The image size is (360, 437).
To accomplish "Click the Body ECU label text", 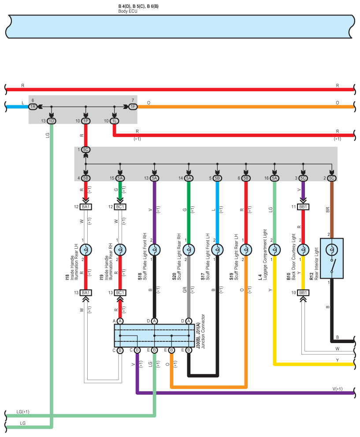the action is pyautogui.click(x=128, y=11).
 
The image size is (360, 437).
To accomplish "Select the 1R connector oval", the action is pyautogui.click(x=33, y=107).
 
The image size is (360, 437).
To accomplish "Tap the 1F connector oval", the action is pyautogui.click(x=133, y=107).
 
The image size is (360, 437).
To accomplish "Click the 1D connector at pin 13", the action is pyautogui.click(x=51, y=121).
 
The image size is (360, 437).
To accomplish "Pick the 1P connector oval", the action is pyautogui.click(x=86, y=121).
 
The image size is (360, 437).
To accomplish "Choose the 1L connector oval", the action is pyautogui.click(x=114, y=121).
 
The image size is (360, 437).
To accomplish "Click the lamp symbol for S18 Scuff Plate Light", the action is pyautogui.click(x=155, y=250).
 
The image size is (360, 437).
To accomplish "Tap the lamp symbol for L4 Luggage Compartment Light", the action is pyautogui.click(x=275, y=250).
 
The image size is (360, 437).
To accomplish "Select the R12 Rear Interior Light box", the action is pyautogui.click(x=332, y=258).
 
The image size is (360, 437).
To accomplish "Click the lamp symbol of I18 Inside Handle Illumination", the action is pyautogui.click(x=86, y=250).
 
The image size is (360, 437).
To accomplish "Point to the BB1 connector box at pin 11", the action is pyautogui.click(x=303, y=207).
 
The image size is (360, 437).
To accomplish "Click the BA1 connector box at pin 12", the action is pyautogui.click(x=86, y=207).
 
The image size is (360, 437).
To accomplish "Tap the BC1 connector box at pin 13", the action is pyautogui.click(x=120, y=293).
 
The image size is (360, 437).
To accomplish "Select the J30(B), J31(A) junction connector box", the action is pyautogui.click(x=154, y=336).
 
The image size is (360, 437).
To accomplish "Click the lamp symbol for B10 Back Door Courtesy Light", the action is pyautogui.click(x=303, y=250).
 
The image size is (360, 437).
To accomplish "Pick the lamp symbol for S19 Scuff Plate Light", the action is pyautogui.click(x=246, y=250).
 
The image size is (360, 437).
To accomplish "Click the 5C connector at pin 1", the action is pyautogui.click(x=86, y=149).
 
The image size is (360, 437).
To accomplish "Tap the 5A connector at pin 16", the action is pyautogui.click(x=275, y=178).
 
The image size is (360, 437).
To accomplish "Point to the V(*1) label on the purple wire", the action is pyautogui.click(x=338, y=389).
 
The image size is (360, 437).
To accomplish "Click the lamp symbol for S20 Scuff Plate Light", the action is pyautogui.click(x=189, y=250).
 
